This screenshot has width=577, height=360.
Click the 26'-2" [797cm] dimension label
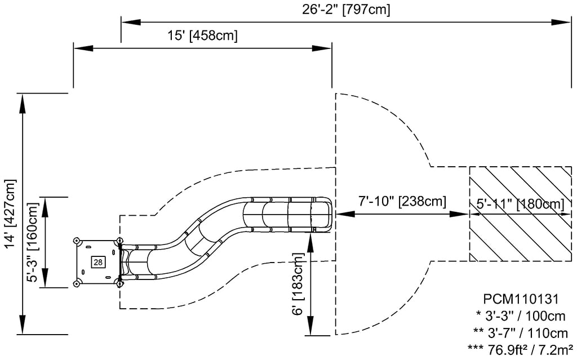[x=346, y=9]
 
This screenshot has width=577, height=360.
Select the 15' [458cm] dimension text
[x=203, y=35]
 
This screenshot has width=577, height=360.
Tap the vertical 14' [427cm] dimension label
[x=11, y=214]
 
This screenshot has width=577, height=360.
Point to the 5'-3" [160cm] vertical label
[x=33, y=242]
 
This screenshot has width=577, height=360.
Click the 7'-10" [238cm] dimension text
[x=402, y=201]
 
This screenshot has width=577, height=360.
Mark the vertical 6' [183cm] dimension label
[x=298, y=284]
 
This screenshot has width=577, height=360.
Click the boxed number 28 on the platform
[x=98, y=262]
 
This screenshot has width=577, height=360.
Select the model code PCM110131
[x=521, y=299]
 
